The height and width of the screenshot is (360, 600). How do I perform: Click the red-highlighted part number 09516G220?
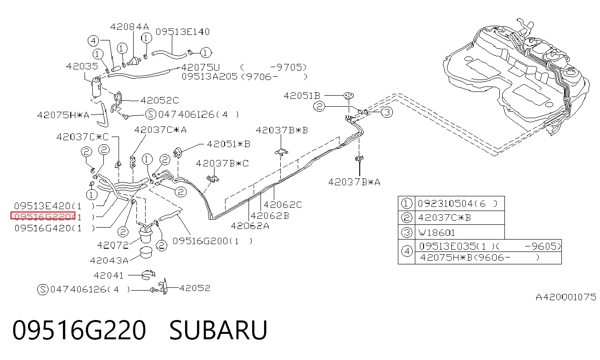pos(43,216)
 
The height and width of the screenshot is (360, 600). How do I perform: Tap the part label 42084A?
pos(130,27)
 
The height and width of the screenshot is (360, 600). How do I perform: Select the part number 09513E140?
pos(183,32)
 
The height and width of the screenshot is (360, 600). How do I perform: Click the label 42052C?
pos(159,100)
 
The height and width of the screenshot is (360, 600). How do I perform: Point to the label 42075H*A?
pos(63,115)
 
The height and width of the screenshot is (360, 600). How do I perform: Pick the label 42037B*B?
pos(282,130)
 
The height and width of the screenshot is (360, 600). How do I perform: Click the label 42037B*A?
pos(354,182)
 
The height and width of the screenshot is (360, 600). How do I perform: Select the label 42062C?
pos(283,205)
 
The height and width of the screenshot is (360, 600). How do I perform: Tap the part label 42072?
pos(113,245)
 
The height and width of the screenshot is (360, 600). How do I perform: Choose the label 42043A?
pos(109,260)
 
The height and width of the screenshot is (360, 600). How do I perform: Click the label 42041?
pos(108,275)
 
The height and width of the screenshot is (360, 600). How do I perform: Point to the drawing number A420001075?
pos(566,297)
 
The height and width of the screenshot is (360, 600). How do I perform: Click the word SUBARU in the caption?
pos(218,330)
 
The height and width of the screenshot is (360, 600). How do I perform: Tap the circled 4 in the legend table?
pos(407,251)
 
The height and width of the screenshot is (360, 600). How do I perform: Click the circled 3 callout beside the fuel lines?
pos(387,112)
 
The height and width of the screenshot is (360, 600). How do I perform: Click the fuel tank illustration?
pos(517,78)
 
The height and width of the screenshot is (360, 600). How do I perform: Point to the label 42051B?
pos(302,96)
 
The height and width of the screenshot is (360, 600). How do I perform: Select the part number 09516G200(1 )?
pos(212,241)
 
